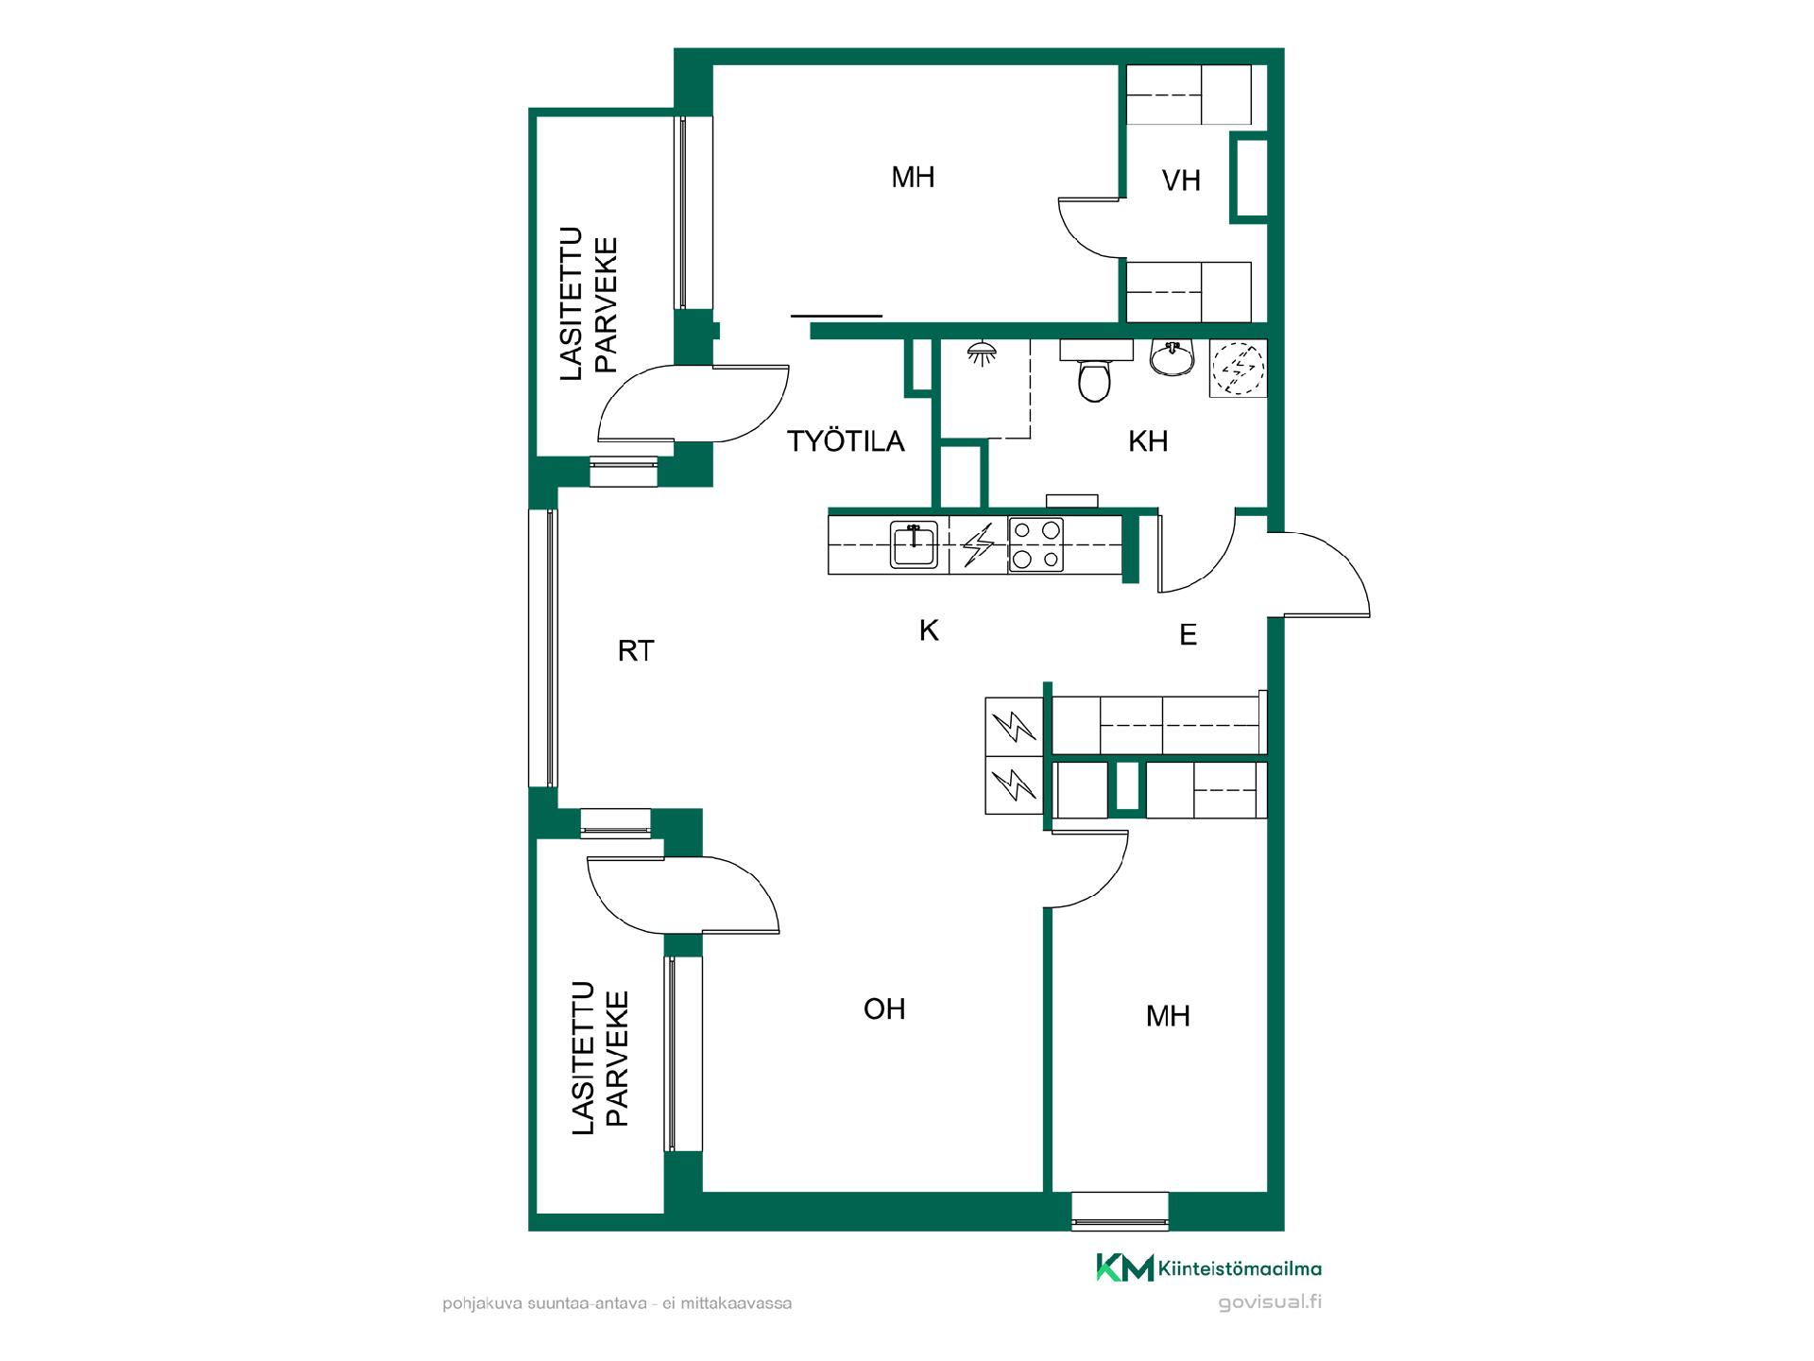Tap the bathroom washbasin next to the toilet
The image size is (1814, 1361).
tap(1172, 357)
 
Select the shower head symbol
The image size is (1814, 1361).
tap(982, 353)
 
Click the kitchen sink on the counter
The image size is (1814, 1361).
tap(914, 545)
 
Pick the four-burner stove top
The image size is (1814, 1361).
tap(1035, 545)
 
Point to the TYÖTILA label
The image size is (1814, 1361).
tap(846, 441)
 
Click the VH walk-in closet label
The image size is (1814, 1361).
tap(1181, 181)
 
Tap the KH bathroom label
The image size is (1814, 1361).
tap(1148, 441)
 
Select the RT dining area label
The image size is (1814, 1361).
tap(635, 651)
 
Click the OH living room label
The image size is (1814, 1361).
tap(884, 1009)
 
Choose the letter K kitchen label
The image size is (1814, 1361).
tap(929, 630)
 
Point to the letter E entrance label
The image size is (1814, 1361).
tap(1189, 635)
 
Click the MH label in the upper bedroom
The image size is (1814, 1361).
tap(913, 177)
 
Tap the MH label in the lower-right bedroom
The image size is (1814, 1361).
tap(1168, 1016)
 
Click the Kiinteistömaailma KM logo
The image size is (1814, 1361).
tap(1208, 1267)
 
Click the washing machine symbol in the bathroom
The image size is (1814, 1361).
tap(1238, 368)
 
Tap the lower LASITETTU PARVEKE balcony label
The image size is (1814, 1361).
tap(600, 1058)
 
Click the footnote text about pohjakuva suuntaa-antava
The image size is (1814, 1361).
tap(617, 1304)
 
